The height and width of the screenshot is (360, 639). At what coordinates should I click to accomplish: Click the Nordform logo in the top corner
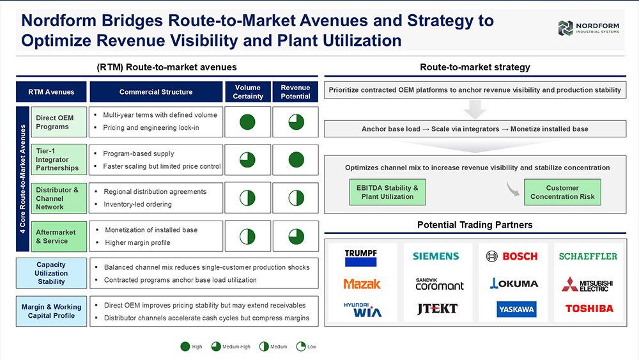589,28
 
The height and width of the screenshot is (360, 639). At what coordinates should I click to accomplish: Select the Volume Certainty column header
248,91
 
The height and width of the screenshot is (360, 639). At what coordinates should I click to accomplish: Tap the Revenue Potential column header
295,91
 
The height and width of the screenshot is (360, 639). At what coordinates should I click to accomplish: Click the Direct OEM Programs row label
59,122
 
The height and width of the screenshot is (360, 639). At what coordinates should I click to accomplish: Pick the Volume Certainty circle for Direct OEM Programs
247,122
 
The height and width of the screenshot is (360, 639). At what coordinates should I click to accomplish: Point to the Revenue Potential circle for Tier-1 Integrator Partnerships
296,160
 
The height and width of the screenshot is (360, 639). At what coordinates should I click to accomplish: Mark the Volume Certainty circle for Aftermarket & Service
247,237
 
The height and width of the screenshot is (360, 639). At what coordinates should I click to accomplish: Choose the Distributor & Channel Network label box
59,198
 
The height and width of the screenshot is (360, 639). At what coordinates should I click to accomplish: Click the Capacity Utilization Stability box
51,273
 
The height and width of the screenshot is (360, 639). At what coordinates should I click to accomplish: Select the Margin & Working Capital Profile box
51,311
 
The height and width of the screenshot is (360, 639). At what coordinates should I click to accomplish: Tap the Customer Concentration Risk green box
562,192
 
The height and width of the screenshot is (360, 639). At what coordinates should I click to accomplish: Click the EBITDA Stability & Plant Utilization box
388,192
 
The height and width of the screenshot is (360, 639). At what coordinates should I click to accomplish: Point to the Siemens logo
436,256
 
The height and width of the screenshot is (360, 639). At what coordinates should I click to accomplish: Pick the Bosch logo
512,256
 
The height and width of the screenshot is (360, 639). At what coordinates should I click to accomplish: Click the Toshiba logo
589,309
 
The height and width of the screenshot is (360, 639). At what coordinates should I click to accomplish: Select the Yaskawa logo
516,309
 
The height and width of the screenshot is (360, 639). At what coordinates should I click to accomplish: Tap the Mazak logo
362,284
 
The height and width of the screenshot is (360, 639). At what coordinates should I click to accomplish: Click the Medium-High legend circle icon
216,347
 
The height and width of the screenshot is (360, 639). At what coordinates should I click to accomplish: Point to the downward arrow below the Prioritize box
475,109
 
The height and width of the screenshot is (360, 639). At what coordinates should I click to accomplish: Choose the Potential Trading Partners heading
475,224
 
